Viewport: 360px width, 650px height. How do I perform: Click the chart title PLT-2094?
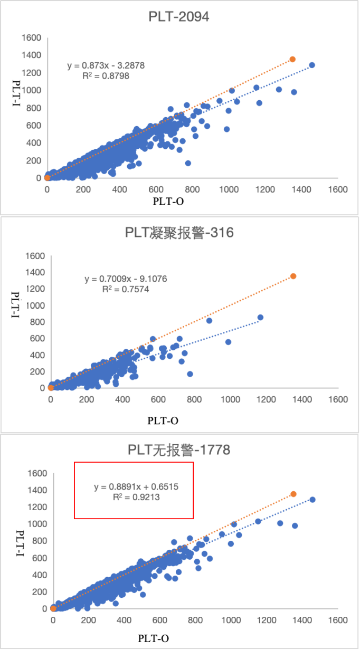[x=178, y=17]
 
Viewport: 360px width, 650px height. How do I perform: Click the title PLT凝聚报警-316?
[x=179, y=233]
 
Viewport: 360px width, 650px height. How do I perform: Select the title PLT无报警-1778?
[x=179, y=450]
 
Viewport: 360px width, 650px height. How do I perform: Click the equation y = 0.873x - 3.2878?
[x=106, y=65]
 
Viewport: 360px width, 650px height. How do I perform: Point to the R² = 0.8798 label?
[x=106, y=75]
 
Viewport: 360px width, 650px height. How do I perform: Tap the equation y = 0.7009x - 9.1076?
[x=126, y=279]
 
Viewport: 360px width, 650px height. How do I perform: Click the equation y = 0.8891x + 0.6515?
[x=136, y=487]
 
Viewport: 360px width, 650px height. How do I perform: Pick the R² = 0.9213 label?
[x=136, y=497]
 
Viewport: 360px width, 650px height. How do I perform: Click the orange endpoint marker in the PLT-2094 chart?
[x=292, y=59]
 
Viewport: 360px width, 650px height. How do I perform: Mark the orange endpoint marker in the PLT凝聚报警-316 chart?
[x=293, y=276]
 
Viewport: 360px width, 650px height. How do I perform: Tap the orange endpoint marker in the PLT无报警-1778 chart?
[x=293, y=494]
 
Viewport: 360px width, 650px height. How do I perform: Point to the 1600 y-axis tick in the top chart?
[x=31, y=37]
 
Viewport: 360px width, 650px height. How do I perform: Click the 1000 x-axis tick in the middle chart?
[x=230, y=399]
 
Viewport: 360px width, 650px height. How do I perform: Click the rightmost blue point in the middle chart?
[x=260, y=317]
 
